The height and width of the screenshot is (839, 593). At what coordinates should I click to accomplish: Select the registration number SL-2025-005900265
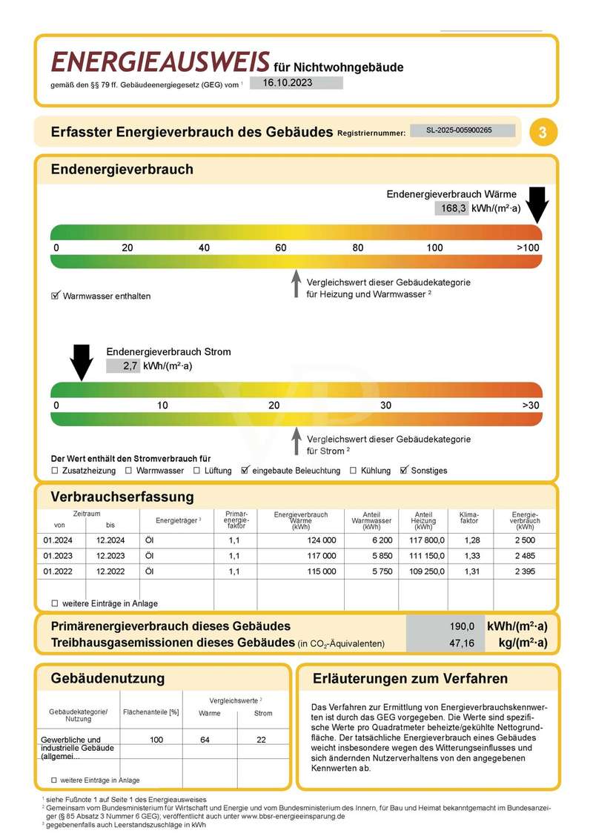[x=462, y=130]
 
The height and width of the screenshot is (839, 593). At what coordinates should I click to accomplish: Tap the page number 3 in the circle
[x=543, y=133]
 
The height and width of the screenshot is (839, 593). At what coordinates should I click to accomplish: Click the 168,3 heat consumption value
[x=453, y=208]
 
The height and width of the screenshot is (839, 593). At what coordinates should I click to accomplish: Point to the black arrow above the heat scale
[x=537, y=204]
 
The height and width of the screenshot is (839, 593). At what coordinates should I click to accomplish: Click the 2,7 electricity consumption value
[x=122, y=365]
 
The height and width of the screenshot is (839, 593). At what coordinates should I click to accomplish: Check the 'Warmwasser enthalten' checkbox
[x=54, y=296]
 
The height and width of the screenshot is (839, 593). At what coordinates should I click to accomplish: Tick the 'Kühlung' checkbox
[x=354, y=471]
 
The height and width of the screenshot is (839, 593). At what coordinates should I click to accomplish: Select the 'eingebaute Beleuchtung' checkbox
[x=245, y=471]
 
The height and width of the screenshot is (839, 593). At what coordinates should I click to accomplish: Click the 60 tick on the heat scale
[x=281, y=248]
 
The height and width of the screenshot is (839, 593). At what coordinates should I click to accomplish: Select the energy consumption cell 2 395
[x=524, y=571]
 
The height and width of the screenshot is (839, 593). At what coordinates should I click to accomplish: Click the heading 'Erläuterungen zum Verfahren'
[x=410, y=678]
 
